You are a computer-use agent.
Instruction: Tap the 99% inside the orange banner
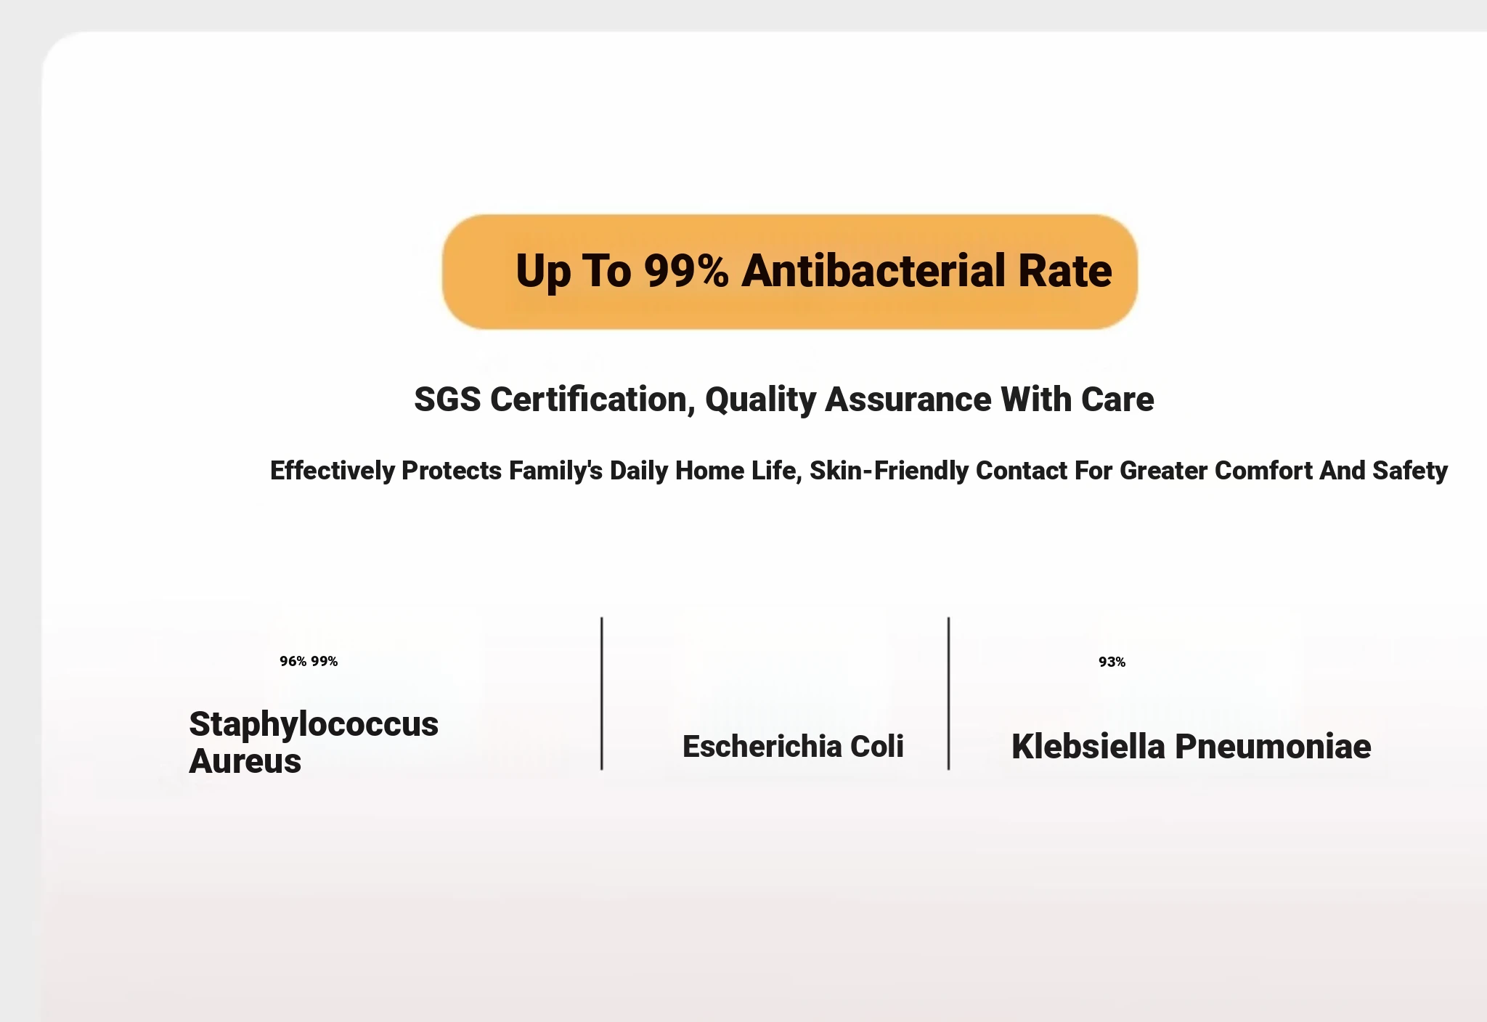pos(686,271)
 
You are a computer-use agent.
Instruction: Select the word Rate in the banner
pos(1065,271)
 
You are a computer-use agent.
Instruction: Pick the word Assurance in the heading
pos(908,400)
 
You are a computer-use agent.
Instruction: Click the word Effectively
pos(332,471)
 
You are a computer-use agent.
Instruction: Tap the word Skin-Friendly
pos(889,471)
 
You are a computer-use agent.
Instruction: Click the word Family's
pos(555,471)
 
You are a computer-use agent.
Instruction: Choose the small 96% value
pos(293,661)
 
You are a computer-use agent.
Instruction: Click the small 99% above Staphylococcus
pos(325,661)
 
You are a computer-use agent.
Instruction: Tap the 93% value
pos(1112,662)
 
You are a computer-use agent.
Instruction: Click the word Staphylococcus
pos(314,725)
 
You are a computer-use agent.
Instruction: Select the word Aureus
pos(245,761)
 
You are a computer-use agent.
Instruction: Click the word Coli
pos(877,747)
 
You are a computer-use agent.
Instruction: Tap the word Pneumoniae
pos(1274,747)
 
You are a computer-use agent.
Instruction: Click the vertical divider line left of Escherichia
pos(602,694)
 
